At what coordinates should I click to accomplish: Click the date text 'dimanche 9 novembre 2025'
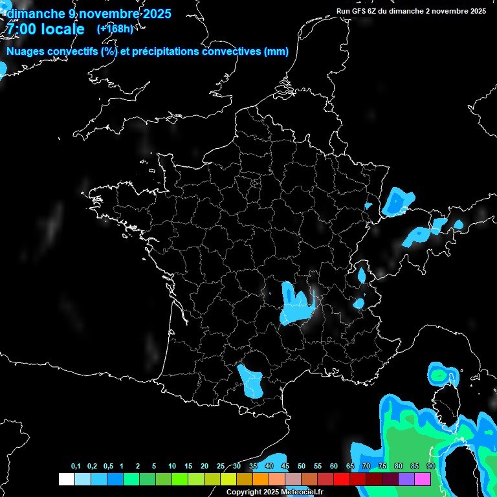pos(89,14)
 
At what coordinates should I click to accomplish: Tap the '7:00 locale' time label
pos(45,29)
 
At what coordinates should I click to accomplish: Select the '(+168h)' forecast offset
pos(115,28)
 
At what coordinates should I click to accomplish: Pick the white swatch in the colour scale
pos(66,479)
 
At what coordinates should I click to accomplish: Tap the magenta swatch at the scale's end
pos(423,479)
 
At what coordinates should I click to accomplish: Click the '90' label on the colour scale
pos(430,466)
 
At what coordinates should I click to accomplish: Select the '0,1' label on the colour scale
pos(76,466)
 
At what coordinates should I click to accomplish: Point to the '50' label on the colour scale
pos(302,466)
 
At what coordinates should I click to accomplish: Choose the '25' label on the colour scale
pos(221,466)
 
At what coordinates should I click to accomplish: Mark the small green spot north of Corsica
pos(439,375)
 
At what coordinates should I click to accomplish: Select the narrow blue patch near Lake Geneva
pos(362,276)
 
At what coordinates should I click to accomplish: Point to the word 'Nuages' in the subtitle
pos(24,52)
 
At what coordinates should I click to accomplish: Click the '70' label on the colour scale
pos(366,466)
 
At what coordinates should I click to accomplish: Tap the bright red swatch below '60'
pos(341,479)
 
